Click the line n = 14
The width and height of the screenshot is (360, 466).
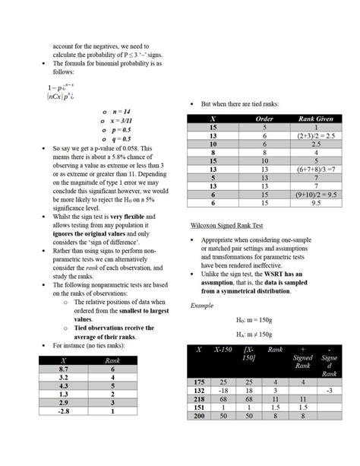click(122, 112)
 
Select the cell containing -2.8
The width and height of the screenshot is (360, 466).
click(64, 411)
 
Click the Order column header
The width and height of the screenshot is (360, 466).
click(264, 119)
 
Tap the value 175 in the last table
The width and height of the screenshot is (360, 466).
click(200, 382)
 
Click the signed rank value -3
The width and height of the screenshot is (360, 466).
click(330, 390)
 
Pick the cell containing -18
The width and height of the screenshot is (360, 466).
click(224, 390)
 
